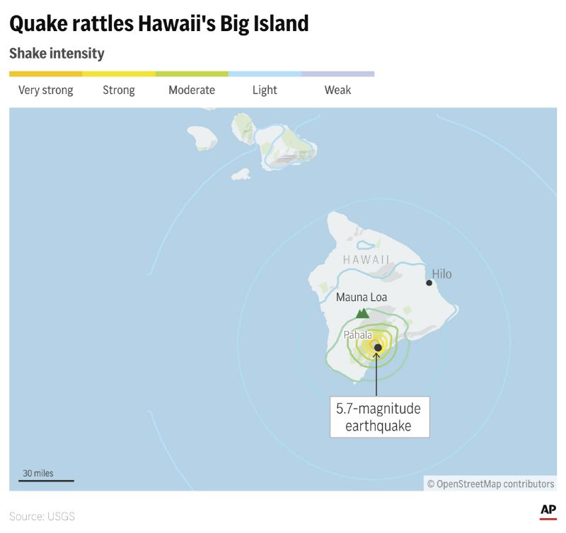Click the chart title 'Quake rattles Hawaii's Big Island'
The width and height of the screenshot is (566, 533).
(x=159, y=24)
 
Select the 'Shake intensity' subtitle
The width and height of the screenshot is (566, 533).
(x=57, y=54)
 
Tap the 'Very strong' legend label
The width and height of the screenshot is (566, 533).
(x=46, y=90)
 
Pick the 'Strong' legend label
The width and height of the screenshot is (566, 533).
(x=119, y=90)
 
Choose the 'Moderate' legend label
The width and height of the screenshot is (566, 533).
(x=192, y=90)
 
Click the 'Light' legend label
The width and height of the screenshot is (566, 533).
(x=265, y=90)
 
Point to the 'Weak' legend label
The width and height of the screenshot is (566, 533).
(x=337, y=90)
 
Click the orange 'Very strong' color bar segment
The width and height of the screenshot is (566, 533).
(x=46, y=74)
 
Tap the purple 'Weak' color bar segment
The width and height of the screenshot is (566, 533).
(x=337, y=74)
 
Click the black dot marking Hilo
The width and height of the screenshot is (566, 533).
(x=429, y=283)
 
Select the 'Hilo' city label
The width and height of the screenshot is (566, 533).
(x=441, y=274)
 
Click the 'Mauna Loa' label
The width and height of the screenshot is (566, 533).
(x=362, y=298)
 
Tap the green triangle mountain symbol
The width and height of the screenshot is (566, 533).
(x=362, y=312)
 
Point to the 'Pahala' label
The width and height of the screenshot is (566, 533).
(x=358, y=335)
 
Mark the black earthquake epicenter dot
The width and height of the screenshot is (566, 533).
(x=378, y=347)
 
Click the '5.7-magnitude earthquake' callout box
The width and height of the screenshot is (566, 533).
(x=379, y=417)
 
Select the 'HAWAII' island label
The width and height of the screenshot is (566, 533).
(x=366, y=259)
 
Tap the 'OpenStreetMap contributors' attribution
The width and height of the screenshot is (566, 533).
(x=490, y=484)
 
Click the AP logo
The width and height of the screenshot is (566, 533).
(x=548, y=510)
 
